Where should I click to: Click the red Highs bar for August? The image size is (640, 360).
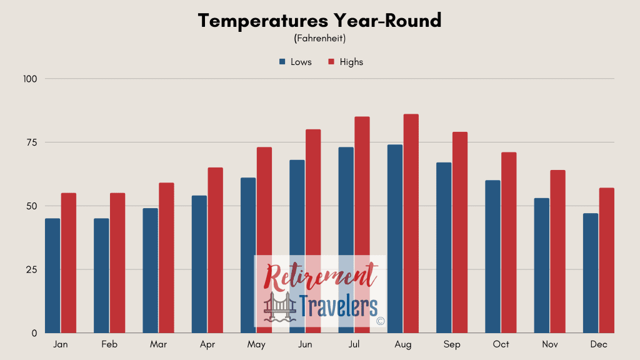[411, 223]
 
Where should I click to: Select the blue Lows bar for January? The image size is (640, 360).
[52, 276]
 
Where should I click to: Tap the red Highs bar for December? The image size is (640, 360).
[606, 261]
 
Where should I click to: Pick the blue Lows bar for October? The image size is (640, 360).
[492, 257]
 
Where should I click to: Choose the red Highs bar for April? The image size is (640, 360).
[216, 250]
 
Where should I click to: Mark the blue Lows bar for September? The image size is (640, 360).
[444, 247]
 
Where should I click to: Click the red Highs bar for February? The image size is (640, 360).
[117, 263]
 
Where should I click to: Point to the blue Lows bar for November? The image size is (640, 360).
[542, 265]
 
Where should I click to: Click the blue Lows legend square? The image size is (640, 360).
[282, 62]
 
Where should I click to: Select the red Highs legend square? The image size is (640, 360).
[331, 62]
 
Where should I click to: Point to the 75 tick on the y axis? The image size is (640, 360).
[32, 142]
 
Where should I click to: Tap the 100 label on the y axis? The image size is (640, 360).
[30, 79]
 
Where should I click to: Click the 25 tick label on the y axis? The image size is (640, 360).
[32, 270]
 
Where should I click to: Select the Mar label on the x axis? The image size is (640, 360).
[158, 344]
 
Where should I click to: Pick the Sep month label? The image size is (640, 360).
[452, 344]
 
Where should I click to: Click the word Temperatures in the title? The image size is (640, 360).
[263, 21]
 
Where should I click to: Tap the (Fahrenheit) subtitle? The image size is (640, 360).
[320, 38]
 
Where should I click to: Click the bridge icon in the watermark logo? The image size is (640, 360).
[280, 307]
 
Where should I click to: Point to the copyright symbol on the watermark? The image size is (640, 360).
[381, 321]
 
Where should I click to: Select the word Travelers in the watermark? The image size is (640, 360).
[338, 306]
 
